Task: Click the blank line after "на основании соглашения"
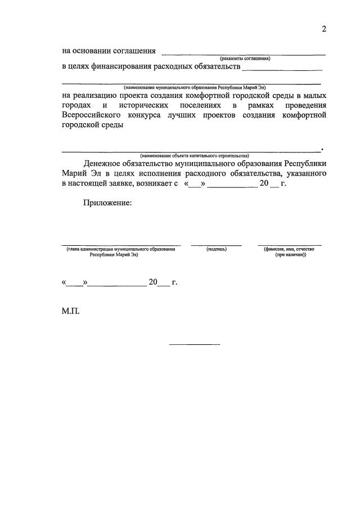pyautogui.click(x=243, y=53)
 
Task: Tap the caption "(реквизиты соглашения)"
pyautogui.click(x=245, y=59)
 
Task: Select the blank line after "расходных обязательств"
pyautogui.click(x=281, y=69)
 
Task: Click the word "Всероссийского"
pyautogui.click(x=89, y=115)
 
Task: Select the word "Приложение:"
pyautogui.click(x=107, y=203)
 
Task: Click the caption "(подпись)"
pyautogui.click(x=217, y=249)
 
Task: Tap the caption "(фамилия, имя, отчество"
pyautogui.click(x=290, y=249)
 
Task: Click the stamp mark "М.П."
pyautogui.click(x=71, y=310)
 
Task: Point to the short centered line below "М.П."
pyautogui.click(x=195, y=344)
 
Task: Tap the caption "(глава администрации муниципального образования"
pyautogui.click(x=120, y=249)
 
